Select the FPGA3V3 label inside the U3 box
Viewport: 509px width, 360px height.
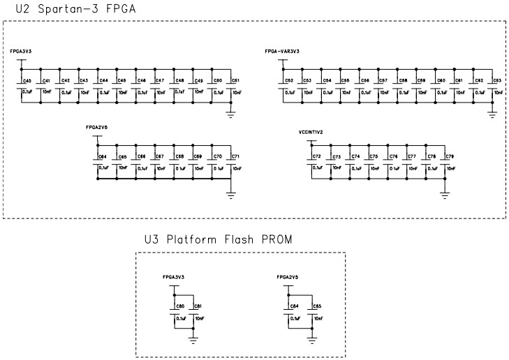(x=172, y=276)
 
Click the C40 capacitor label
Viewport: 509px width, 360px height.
(x=27, y=81)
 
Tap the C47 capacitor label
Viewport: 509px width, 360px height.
(x=159, y=81)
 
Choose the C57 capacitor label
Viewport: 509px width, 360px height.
(x=383, y=81)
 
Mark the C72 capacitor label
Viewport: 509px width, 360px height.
(x=316, y=157)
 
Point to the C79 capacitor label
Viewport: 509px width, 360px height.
(x=449, y=157)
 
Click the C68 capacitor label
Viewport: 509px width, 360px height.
(x=179, y=157)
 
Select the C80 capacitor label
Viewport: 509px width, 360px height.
(x=180, y=306)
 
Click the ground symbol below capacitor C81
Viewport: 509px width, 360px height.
(x=193, y=340)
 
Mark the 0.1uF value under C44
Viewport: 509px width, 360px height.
(x=104, y=92)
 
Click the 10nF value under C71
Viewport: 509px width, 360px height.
(x=236, y=168)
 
